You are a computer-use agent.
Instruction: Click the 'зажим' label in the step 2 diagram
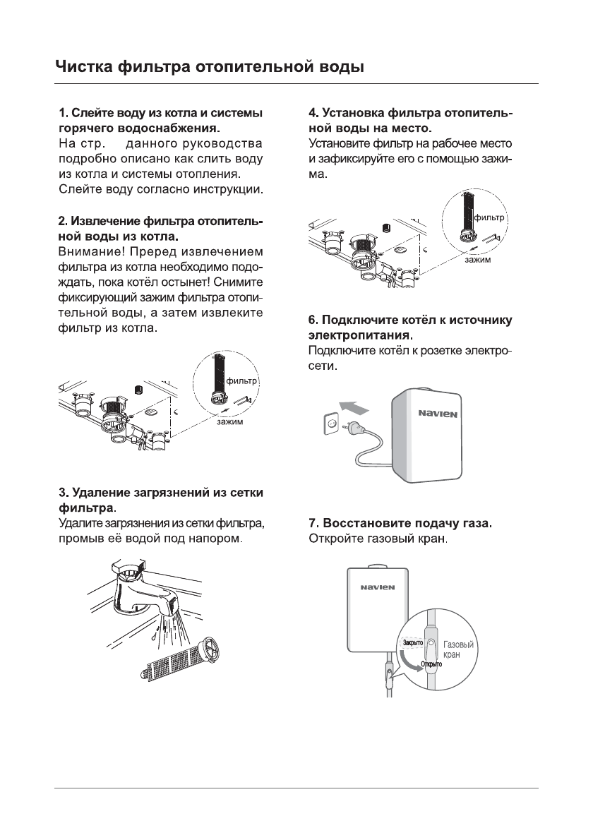[x=230, y=422]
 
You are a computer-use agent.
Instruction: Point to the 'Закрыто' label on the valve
[x=412, y=643]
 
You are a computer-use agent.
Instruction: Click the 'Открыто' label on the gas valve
[x=431, y=665]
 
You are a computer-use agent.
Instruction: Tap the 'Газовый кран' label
[x=458, y=650]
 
